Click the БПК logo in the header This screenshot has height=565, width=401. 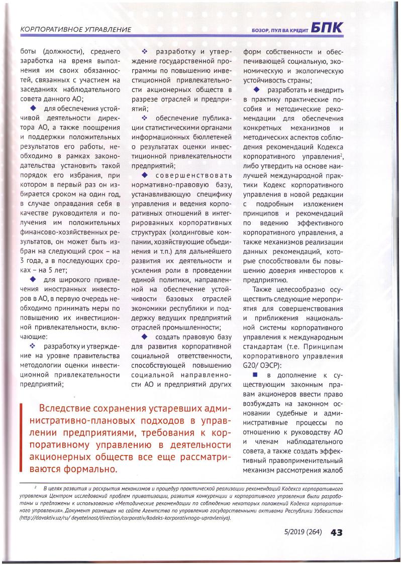[327, 28]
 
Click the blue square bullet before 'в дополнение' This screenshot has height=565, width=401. [255, 375]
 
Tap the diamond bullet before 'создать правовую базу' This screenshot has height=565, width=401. [145, 336]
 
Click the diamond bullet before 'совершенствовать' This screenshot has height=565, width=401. [145, 175]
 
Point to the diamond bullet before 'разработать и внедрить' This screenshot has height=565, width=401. [257, 89]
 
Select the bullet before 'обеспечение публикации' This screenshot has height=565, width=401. [144, 118]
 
